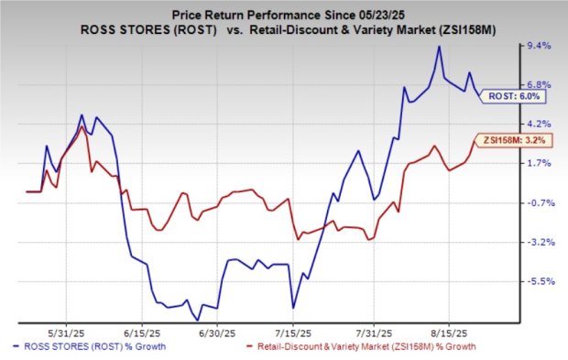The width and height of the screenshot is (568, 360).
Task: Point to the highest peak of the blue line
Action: pyautogui.click(x=440, y=47)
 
